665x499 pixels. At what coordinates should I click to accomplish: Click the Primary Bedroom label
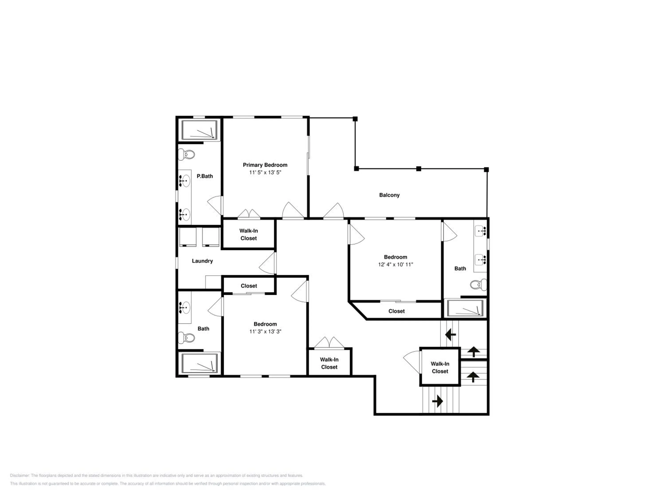(265, 165)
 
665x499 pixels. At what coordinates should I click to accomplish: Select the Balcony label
(389, 195)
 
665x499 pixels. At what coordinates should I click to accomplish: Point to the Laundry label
(202, 261)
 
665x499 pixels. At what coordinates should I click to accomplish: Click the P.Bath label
(205, 176)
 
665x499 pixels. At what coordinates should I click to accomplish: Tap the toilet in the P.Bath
(186, 155)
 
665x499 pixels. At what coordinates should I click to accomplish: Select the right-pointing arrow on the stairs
(437, 401)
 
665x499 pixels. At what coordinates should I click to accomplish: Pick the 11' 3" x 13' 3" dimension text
(265, 332)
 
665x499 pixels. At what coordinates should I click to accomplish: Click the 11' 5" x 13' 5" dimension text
(265, 172)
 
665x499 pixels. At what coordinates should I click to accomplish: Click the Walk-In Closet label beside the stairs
(440, 367)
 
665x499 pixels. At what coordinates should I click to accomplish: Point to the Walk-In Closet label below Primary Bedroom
(249, 235)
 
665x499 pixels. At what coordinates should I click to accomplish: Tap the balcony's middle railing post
(419, 169)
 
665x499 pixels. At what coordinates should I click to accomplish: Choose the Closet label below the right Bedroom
(396, 311)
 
